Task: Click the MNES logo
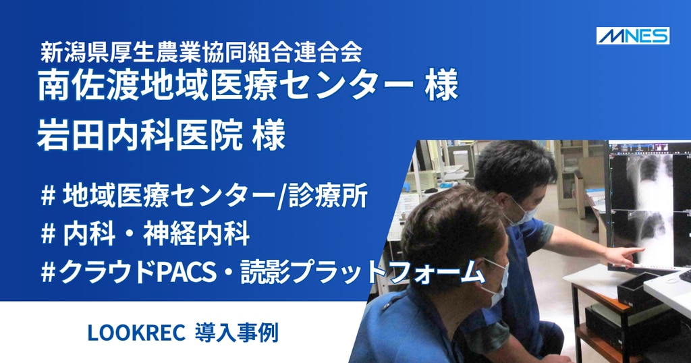point(633,36)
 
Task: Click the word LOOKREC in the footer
point(136,333)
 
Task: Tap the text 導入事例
point(237,333)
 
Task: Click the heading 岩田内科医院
point(140,135)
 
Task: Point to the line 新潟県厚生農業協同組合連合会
point(201,52)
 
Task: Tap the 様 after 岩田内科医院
point(269,135)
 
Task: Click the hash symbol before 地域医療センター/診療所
point(48,196)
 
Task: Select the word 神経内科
point(196,234)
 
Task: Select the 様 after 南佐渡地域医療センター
point(442,85)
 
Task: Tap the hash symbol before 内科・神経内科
point(48,234)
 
